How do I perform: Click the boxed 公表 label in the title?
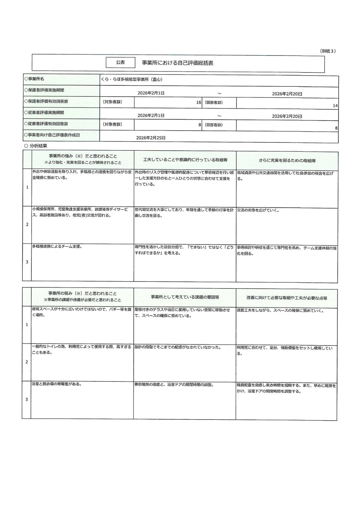tap(120, 62)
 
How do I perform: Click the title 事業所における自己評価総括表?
tap(177, 63)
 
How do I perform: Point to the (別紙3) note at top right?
tap(328, 51)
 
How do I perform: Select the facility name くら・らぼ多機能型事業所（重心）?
tap(132, 80)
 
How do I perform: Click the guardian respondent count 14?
tap(335, 106)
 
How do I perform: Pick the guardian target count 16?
tap(199, 102)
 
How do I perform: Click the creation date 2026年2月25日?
tap(151, 138)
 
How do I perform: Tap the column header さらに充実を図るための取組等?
tap(287, 161)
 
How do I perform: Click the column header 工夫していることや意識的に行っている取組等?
tap(185, 160)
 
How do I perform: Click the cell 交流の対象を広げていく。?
tap(258, 210)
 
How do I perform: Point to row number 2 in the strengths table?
tap(27, 225)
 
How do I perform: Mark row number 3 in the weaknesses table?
tap(27, 400)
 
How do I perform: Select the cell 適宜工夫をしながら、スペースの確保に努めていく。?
tap(280, 311)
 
